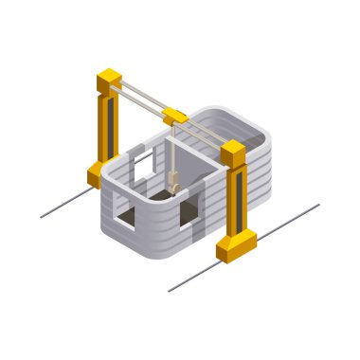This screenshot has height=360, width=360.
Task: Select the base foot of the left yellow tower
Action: pyautogui.click(x=99, y=174)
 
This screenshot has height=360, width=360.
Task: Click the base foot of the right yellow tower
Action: pyautogui.click(x=235, y=247)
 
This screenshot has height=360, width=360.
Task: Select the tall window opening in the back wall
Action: pyautogui.click(x=142, y=171)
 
